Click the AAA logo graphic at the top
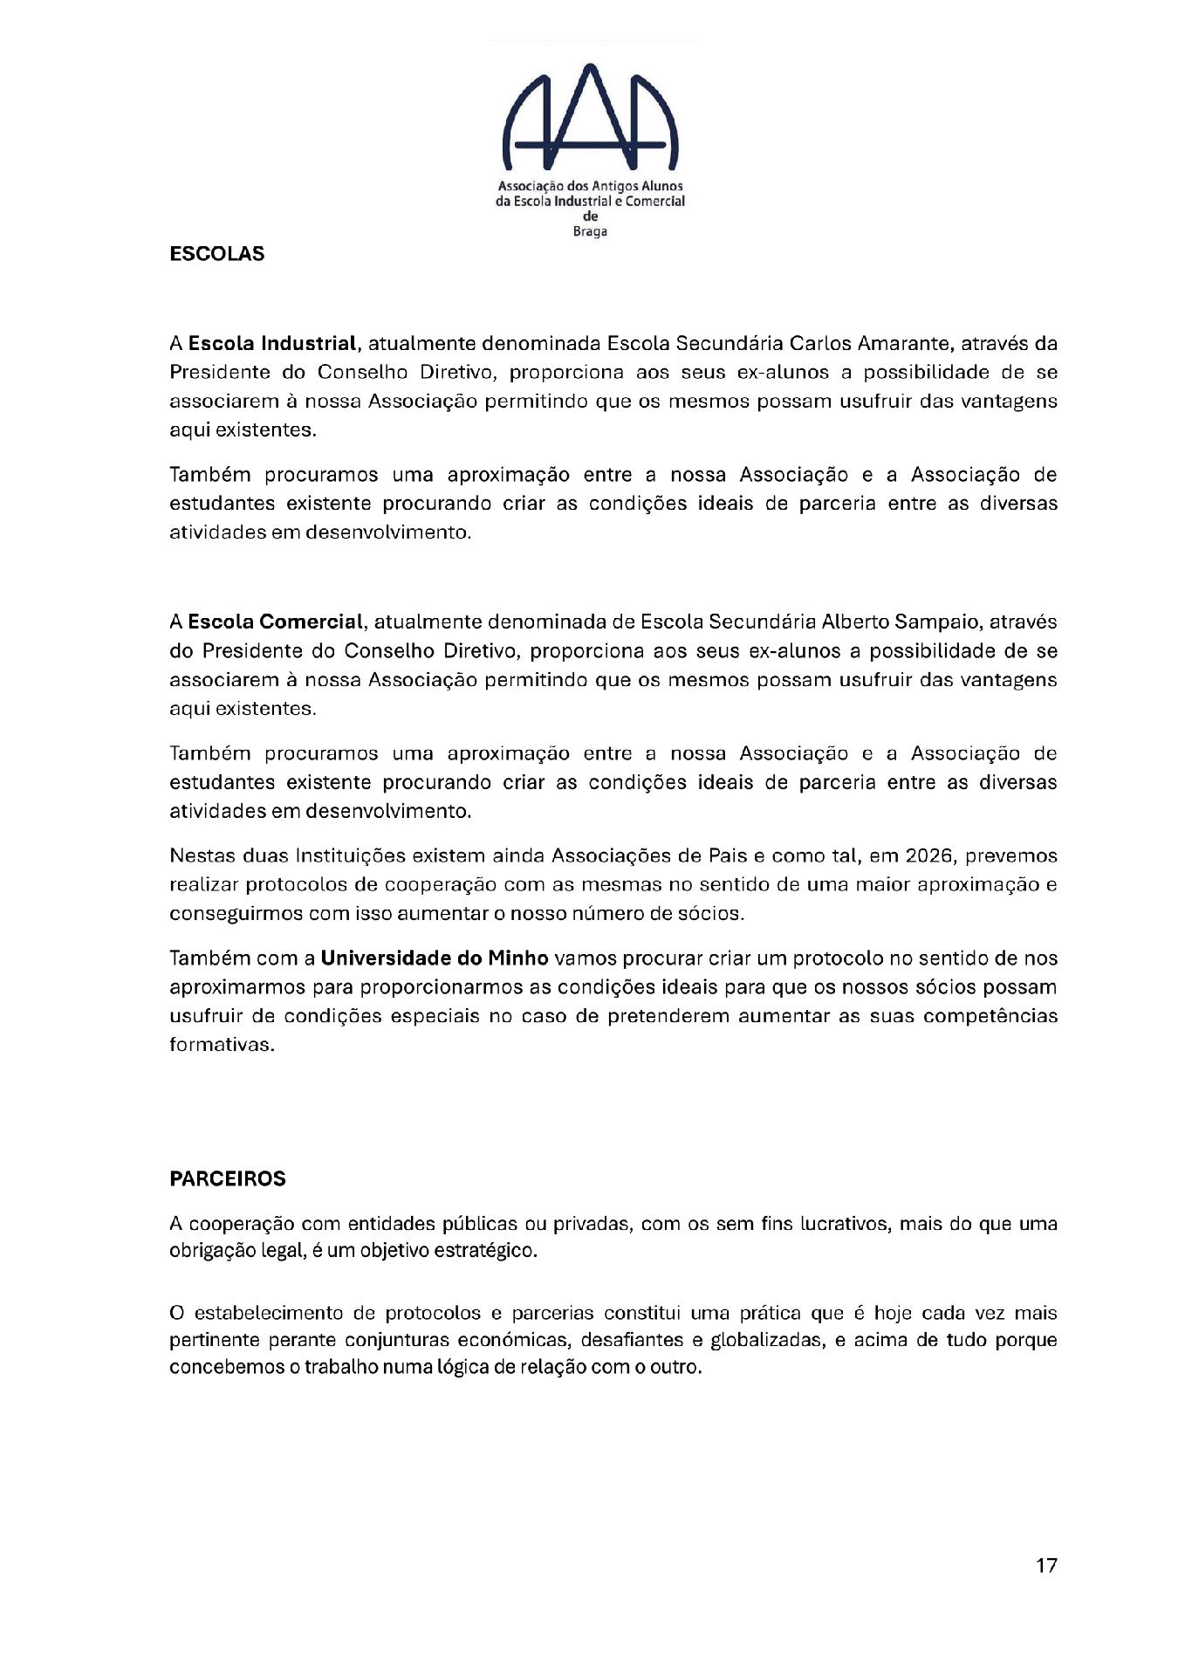591,118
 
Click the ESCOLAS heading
216,254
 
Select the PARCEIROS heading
228,1178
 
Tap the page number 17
1046,1565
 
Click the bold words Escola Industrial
272,343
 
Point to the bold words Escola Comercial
275,622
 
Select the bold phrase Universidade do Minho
435,958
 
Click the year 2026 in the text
928,855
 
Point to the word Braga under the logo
590,231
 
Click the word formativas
221,1045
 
